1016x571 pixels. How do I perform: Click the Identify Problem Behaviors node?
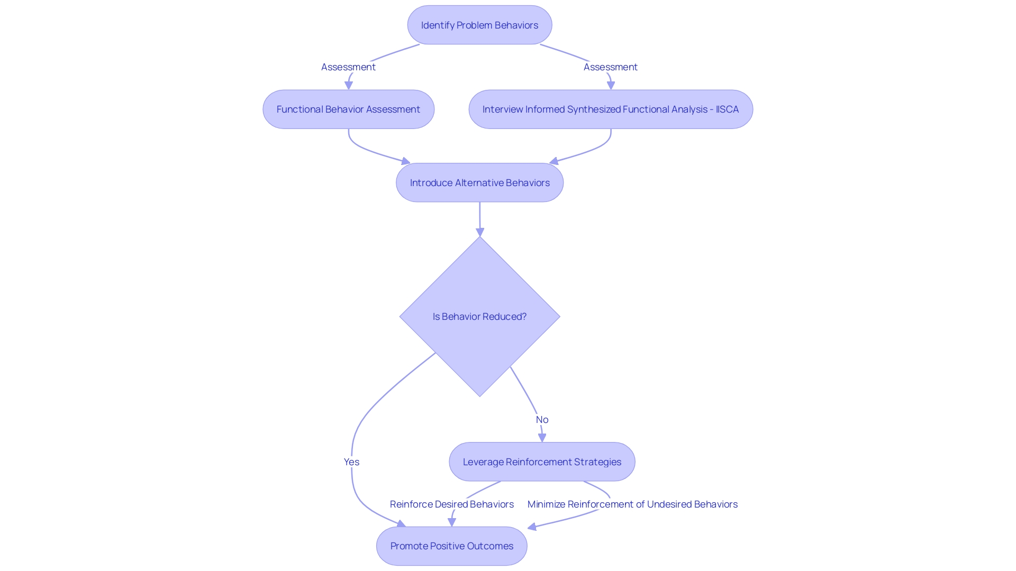pos(479,25)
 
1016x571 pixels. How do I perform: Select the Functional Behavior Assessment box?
pos(348,109)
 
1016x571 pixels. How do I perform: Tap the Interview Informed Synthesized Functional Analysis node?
pos(610,109)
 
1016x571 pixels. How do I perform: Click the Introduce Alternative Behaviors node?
pos(479,182)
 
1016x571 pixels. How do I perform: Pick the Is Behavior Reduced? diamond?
pos(479,316)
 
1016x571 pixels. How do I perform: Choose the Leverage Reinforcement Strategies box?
pos(542,462)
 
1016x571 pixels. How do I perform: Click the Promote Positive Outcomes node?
pos(451,546)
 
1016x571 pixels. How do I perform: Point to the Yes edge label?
pos(351,462)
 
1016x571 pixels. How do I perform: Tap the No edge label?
pos(542,419)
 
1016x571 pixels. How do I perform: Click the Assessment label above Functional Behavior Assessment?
pos(348,67)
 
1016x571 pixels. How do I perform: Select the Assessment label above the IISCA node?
pos(610,67)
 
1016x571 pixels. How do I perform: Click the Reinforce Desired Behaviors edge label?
pos(451,504)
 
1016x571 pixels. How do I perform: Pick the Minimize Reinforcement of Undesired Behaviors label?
pos(632,504)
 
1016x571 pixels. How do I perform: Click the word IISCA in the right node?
pos(727,109)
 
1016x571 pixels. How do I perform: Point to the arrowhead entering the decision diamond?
pos(480,232)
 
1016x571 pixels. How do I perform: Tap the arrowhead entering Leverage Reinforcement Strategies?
pos(542,438)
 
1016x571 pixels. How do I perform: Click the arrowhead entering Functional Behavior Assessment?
pos(349,85)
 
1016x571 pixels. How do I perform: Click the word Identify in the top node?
pos(437,25)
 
